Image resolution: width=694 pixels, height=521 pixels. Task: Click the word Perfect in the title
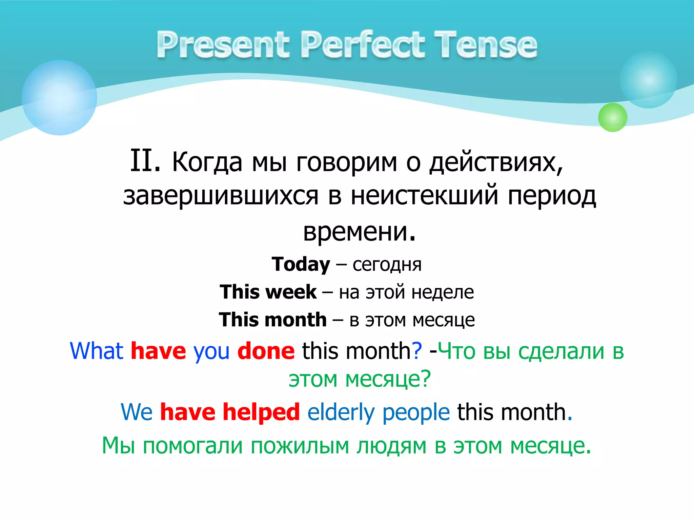(x=363, y=45)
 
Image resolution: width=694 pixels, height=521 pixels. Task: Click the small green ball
(x=612, y=117)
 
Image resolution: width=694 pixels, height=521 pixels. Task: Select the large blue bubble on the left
(x=59, y=98)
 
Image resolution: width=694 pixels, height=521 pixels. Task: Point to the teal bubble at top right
(x=648, y=80)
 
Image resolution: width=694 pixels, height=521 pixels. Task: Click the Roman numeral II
(x=145, y=161)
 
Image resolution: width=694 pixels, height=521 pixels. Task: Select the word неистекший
(x=424, y=196)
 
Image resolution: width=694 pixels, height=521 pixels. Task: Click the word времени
(x=359, y=232)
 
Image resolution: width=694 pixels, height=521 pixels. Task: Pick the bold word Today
(x=301, y=265)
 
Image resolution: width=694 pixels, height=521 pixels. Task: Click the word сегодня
(x=387, y=265)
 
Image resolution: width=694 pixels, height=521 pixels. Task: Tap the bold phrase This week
(x=268, y=292)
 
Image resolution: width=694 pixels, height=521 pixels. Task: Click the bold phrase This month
(x=272, y=320)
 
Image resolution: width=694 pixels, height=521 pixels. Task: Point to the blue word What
(x=96, y=351)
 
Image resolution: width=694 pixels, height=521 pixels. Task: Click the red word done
(x=266, y=351)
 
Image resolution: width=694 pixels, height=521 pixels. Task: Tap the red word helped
(x=261, y=412)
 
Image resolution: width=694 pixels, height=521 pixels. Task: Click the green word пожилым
(x=300, y=446)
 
